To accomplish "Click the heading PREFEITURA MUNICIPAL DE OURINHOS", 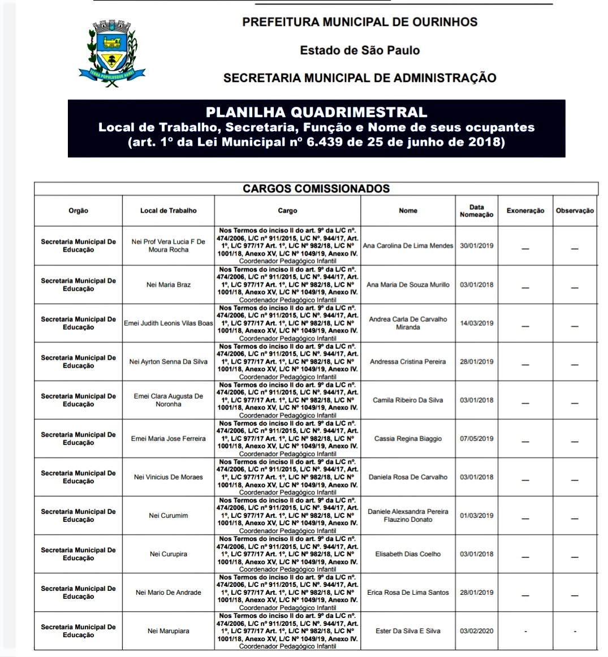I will coord(360,22).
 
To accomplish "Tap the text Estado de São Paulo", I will coord(360,50).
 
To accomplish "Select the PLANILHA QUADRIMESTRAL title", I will coord(316,113).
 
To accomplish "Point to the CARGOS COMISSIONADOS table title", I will coord(316,189).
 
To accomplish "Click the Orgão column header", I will coord(78,211).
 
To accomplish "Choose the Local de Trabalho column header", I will coord(169,211).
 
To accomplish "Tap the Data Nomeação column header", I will coord(477,211).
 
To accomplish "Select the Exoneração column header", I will coord(525,211).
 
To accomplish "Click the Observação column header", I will coord(575,211).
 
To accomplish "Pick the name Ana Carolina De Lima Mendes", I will coord(408,246).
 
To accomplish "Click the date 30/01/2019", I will coord(477,246).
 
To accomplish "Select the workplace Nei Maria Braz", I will coord(169,285).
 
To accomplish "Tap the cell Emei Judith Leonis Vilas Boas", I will coord(169,323).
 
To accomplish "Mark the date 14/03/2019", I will coord(477,323).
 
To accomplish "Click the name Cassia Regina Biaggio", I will coord(408,439).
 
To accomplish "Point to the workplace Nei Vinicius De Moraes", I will coord(169,477).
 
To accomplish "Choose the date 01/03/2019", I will coord(477,516).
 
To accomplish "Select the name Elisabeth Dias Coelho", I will coord(408,554).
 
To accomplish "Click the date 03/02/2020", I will coord(477,631).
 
